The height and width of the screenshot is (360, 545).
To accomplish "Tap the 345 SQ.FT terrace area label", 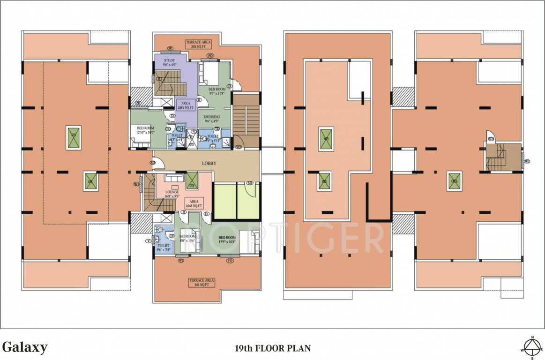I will (202, 282).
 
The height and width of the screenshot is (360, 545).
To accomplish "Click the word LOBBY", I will (209, 164).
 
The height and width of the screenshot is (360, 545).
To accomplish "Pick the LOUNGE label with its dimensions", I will (172, 194).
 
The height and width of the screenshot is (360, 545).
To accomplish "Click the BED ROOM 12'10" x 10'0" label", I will (146, 130).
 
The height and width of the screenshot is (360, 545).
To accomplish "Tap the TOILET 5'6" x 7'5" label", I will (164, 247).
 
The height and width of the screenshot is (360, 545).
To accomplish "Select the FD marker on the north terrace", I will (210, 56).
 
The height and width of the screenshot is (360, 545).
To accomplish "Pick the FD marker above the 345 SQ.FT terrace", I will (230, 261).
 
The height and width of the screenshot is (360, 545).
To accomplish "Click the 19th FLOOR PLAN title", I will (272, 348).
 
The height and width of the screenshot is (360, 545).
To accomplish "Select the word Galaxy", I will (24, 347).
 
